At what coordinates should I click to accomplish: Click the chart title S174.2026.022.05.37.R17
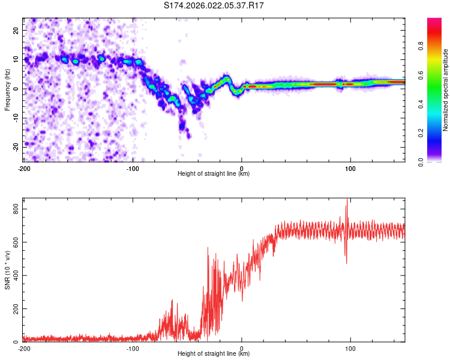click(214, 6)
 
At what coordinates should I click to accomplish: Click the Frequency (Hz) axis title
click(8, 89)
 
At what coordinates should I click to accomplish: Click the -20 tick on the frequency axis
click(15, 146)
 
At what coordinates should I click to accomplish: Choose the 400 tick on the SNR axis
click(13, 275)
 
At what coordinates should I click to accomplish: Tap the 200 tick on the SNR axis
click(13, 308)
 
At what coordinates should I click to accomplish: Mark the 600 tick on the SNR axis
click(13, 242)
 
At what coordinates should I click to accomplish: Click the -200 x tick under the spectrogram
click(24, 168)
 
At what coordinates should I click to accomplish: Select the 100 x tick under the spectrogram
click(350, 168)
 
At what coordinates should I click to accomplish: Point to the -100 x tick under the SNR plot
click(133, 349)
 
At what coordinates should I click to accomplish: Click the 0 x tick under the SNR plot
click(242, 349)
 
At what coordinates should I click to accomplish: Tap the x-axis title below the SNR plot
click(214, 355)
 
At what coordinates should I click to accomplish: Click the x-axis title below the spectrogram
click(214, 174)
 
